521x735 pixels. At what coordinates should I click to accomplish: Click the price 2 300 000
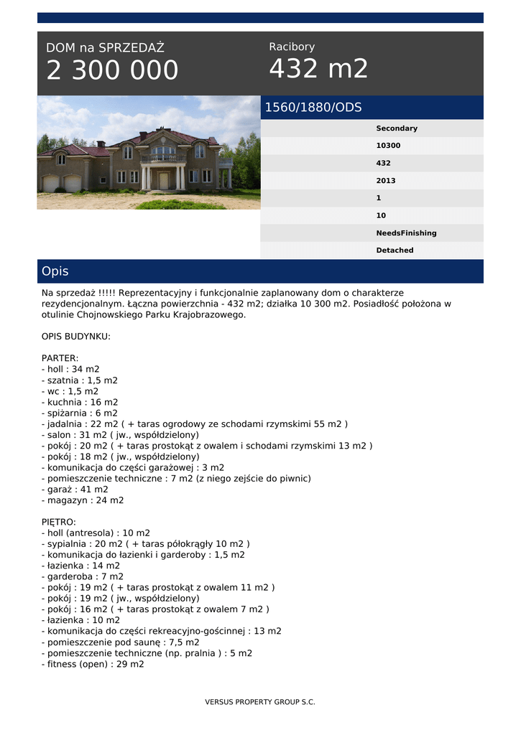(112, 70)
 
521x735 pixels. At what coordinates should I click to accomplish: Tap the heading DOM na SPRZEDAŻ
(105, 48)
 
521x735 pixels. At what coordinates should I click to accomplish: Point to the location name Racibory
(292, 47)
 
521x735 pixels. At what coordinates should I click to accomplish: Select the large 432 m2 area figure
(318, 69)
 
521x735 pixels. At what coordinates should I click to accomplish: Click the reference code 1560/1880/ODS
(313, 108)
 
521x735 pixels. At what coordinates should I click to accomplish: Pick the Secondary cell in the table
(397, 128)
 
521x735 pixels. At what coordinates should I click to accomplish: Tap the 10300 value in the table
(388, 146)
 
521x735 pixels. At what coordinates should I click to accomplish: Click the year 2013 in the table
(386, 181)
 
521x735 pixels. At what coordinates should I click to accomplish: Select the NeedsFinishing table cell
(406, 233)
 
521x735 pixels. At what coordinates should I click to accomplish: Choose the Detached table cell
(395, 251)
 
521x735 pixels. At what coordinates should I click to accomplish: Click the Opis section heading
(55, 271)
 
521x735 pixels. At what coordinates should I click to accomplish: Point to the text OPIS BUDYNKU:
(76, 336)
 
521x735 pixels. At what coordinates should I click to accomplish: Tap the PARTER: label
(60, 358)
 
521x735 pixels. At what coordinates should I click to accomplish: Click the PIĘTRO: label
(59, 522)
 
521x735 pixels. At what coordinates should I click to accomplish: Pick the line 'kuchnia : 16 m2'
(80, 402)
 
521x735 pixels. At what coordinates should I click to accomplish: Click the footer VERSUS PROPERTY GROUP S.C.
(260, 702)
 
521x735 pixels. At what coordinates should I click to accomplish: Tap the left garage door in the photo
(51, 184)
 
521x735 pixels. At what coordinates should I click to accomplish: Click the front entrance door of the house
(163, 181)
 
